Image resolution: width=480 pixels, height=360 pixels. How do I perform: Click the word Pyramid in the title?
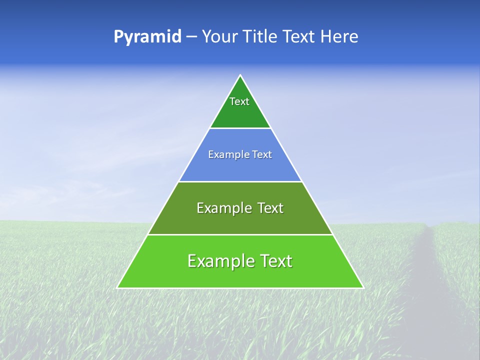(x=147, y=37)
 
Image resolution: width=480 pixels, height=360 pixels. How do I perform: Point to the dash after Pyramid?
(x=191, y=37)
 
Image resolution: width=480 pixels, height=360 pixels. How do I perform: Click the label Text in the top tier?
(x=239, y=101)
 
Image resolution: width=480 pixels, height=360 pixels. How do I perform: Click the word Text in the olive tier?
(x=268, y=208)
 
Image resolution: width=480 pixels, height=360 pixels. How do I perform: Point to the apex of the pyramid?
(x=240, y=76)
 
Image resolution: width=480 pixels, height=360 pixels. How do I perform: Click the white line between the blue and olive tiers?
(x=240, y=181)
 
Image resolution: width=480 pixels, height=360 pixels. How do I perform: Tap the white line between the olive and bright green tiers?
(x=240, y=234)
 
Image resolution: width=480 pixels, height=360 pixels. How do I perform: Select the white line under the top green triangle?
(x=240, y=128)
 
